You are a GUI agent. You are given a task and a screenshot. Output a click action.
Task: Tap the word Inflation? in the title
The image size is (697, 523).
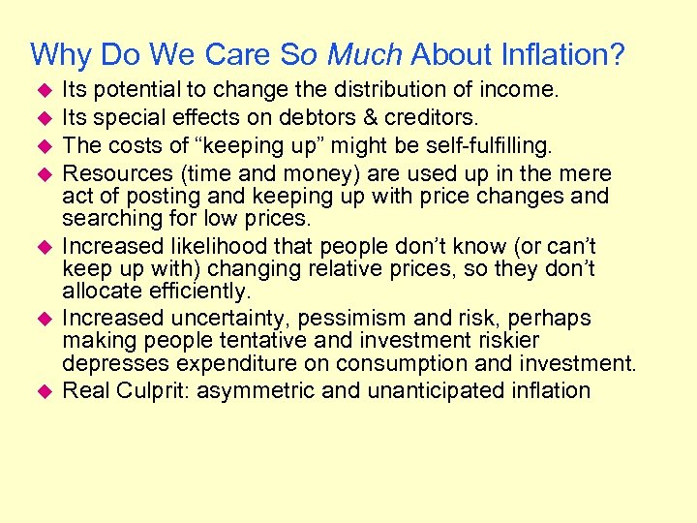coord(569,54)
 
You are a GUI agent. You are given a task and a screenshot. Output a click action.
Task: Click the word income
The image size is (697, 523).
coord(525,91)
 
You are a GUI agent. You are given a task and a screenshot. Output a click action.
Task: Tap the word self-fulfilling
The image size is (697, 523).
coord(481,146)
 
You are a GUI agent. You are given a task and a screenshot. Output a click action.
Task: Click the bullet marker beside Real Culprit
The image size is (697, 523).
coord(43,391)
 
